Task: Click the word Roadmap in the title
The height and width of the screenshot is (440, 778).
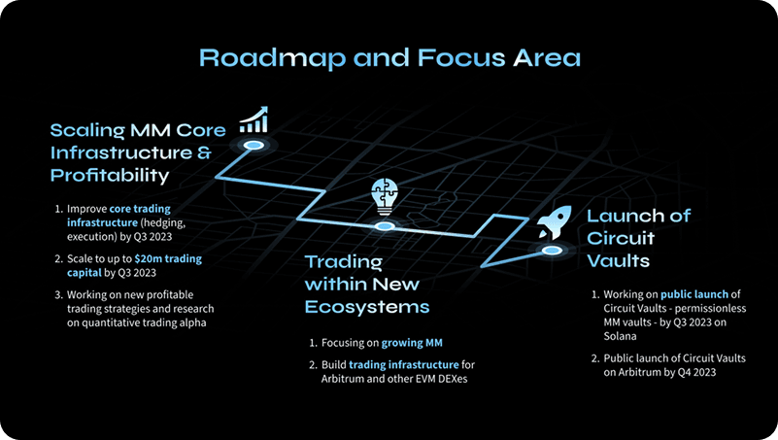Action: click(254, 58)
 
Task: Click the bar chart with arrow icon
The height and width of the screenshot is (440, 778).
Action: click(254, 120)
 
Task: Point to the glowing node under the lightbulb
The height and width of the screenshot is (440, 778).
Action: click(385, 226)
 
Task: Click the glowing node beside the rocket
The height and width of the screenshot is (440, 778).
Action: click(553, 251)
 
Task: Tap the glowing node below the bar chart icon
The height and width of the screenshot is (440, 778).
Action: click(254, 145)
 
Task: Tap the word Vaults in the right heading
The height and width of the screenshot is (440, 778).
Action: click(618, 262)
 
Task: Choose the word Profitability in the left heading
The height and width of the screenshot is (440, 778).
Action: click(109, 176)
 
